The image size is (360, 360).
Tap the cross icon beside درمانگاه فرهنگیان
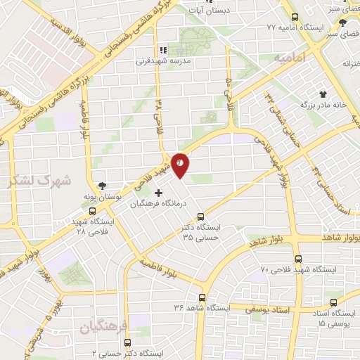pyautogui.click(x=158, y=193)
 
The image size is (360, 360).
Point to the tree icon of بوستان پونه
pyautogui.click(x=104, y=185)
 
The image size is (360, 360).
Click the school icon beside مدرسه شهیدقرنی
pyautogui.click(x=163, y=50)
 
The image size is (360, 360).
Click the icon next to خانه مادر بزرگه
pyautogui.click(x=323, y=92)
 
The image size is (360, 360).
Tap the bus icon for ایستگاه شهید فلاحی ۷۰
pyautogui.click(x=298, y=258)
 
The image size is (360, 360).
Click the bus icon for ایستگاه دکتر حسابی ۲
pyautogui.click(x=127, y=342)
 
